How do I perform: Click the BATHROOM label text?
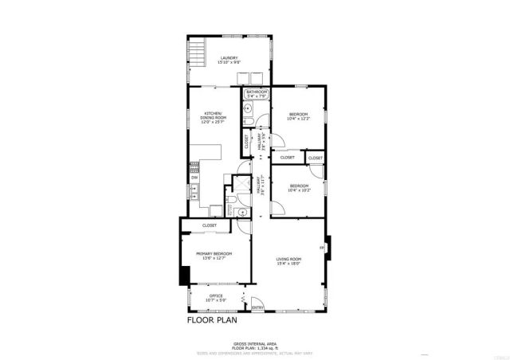point(257,92)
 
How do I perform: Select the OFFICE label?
point(216,295)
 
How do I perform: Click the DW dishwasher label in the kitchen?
point(194,177)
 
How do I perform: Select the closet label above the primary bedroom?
point(210,225)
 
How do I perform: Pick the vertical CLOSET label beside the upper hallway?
point(246,141)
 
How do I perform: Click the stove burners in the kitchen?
point(193,166)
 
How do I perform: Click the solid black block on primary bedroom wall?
point(184,275)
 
